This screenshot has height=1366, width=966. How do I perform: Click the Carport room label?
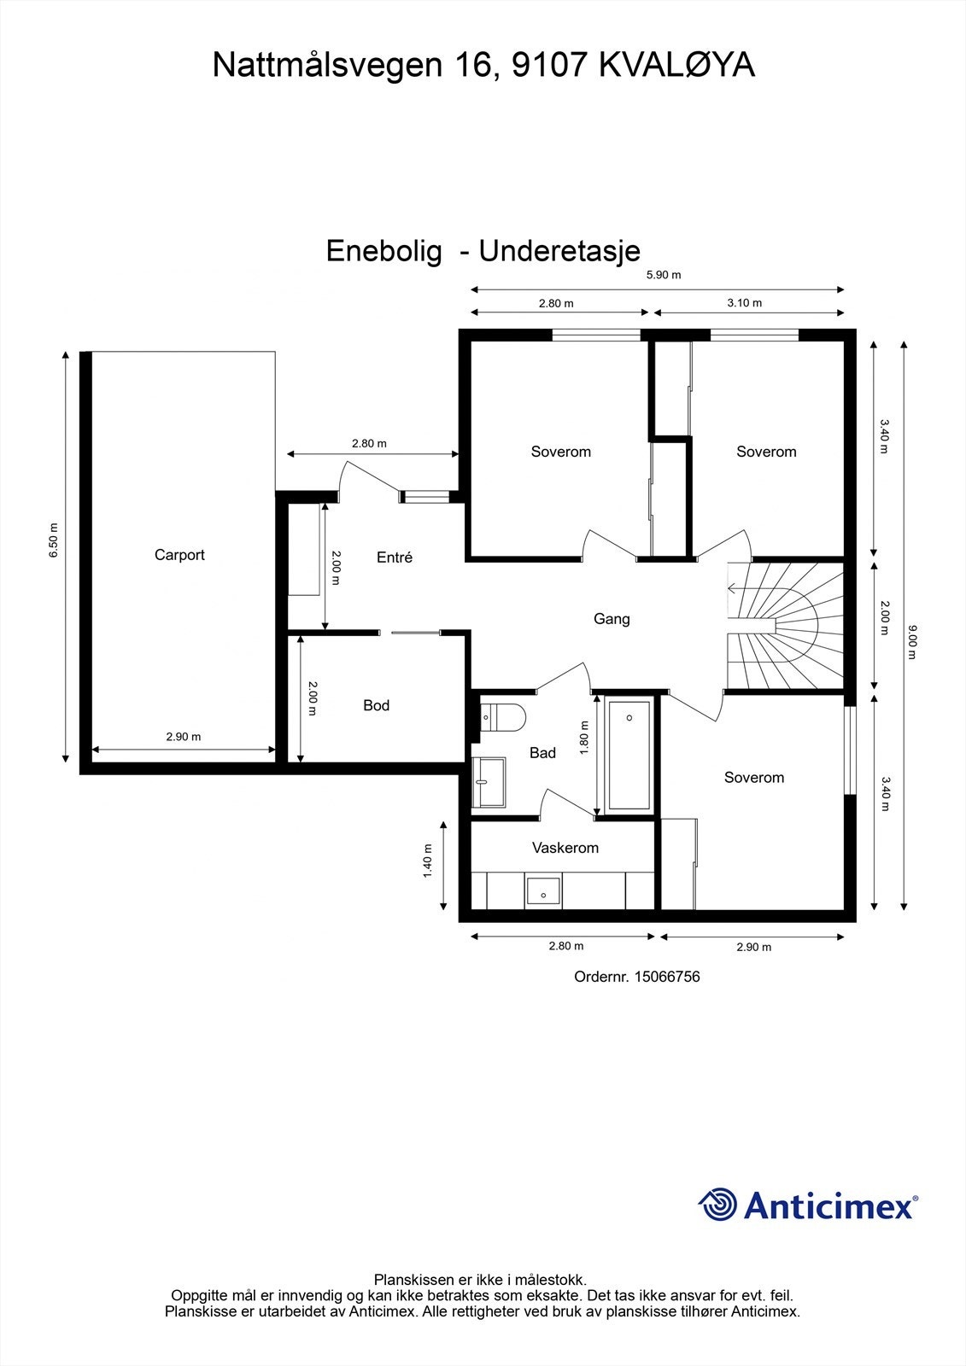tap(179, 555)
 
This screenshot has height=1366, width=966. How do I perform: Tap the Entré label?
tap(395, 557)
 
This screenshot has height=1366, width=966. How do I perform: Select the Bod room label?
tap(376, 705)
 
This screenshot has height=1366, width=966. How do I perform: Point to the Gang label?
tap(612, 619)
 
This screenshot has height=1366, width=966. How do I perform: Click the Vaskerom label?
tap(565, 848)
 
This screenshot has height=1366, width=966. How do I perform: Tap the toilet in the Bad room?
tap(502, 718)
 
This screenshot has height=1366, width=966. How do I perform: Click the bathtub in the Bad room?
tap(629, 756)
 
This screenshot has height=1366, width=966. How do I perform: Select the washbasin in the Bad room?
tap(489, 782)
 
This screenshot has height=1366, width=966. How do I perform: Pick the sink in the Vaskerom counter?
tap(543, 893)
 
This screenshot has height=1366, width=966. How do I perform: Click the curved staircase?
tap(785, 626)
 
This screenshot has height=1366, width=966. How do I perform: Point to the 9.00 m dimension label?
tap(912, 642)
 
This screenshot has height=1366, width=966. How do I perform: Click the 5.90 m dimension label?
tap(664, 275)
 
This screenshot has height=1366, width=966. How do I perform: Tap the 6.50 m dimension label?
tap(54, 540)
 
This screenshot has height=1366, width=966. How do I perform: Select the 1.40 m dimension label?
tap(427, 861)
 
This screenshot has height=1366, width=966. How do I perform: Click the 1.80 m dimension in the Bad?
tap(584, 738)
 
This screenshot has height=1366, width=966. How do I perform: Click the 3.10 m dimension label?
tap(745, 303)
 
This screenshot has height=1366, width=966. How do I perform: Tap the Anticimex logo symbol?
tap(717, 1205)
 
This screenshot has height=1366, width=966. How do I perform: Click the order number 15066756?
tap(667, 977)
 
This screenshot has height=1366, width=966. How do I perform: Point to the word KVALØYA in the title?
tap(676, 65)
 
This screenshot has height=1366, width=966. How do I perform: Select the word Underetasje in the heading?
tap(559, 251)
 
